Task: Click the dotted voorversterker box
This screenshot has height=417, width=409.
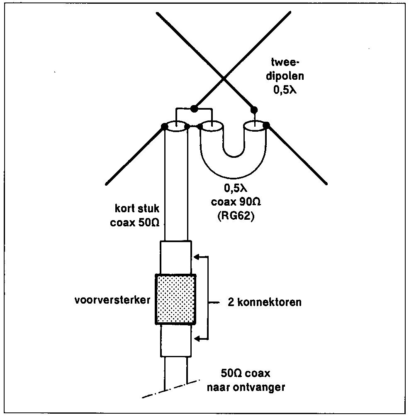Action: [175, 299]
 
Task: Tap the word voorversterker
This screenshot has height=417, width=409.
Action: [112, 300]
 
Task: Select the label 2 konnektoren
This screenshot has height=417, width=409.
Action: [265, 302]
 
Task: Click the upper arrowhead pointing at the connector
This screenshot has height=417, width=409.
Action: [197, 257]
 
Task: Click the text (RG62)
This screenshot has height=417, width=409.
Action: [236, 216]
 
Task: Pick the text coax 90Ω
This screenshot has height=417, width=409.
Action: [236, 202]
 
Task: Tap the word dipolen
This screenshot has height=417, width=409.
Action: [285, 76]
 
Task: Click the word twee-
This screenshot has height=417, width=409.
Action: [285, 62]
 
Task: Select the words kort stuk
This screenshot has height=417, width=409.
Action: [137, 208]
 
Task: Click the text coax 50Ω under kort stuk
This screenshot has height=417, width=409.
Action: [135, 223]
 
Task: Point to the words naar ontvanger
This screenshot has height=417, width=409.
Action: [246, 387]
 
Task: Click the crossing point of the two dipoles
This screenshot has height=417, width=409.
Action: [223, 78]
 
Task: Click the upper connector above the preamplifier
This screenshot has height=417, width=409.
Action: [176, 258]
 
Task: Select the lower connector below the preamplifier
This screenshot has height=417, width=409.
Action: [176, 341]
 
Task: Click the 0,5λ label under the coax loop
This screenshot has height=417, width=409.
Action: [236, 188]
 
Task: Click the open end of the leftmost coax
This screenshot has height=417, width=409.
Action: [176, 126]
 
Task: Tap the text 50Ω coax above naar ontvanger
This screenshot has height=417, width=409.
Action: [246, 373]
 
